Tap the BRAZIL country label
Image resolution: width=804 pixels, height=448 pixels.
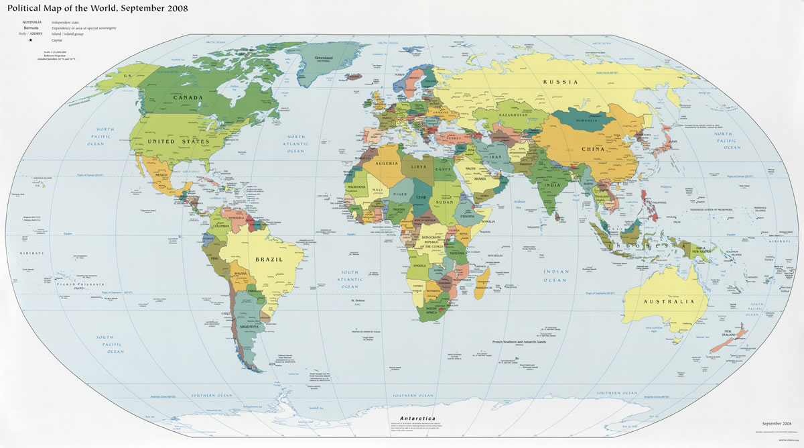pyautogui.click(x=269, y=259)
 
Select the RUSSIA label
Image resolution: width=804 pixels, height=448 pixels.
pyautogui.click(x=560, y=82)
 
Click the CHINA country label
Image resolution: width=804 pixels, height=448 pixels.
pyautogui.click(x=593, y=149)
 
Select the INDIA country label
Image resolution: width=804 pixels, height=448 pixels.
pyautogui.click(x=551, y=184)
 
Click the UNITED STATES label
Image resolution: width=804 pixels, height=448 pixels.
pyautogui.click(x=170, y=142)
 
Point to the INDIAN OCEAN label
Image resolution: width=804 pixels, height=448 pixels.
pyautogui.click(x=555, y=275)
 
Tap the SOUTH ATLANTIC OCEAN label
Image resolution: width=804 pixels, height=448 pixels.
pyautogui.click(x=349, y=279)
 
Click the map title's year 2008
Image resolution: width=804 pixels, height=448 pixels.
pyautogui.click(x=172, y=9)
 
